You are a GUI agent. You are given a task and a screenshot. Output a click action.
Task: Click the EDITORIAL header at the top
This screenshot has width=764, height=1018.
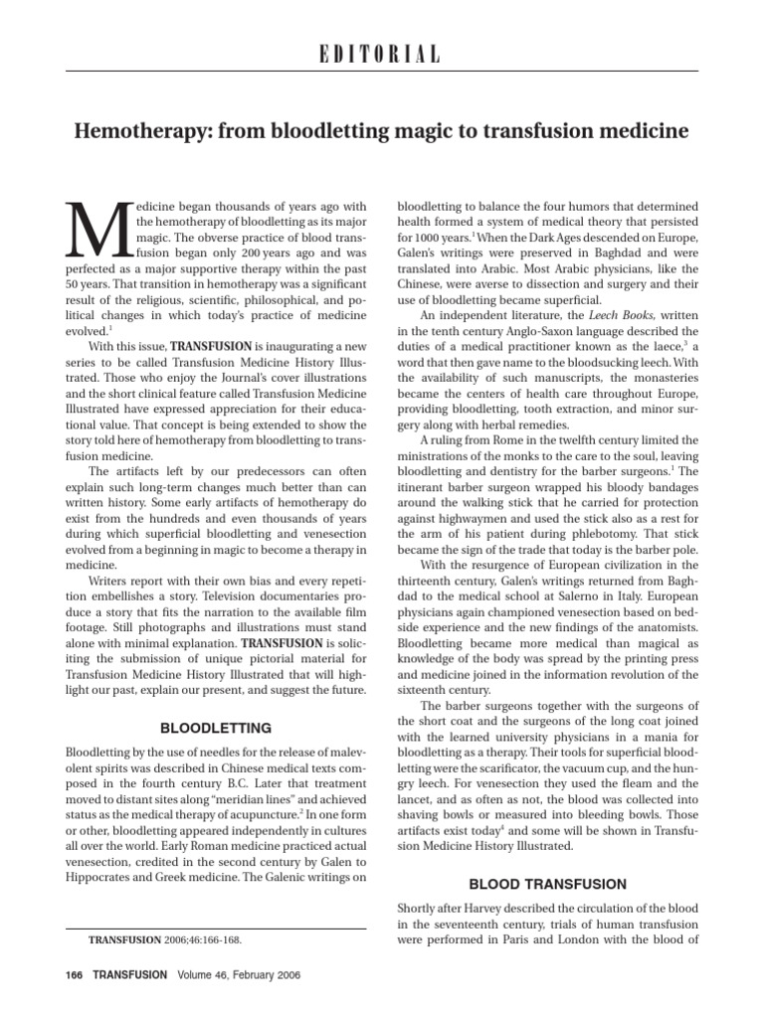[x=382, y=55]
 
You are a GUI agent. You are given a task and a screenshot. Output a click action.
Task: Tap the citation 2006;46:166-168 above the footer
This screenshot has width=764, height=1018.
[x=206, y=937]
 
